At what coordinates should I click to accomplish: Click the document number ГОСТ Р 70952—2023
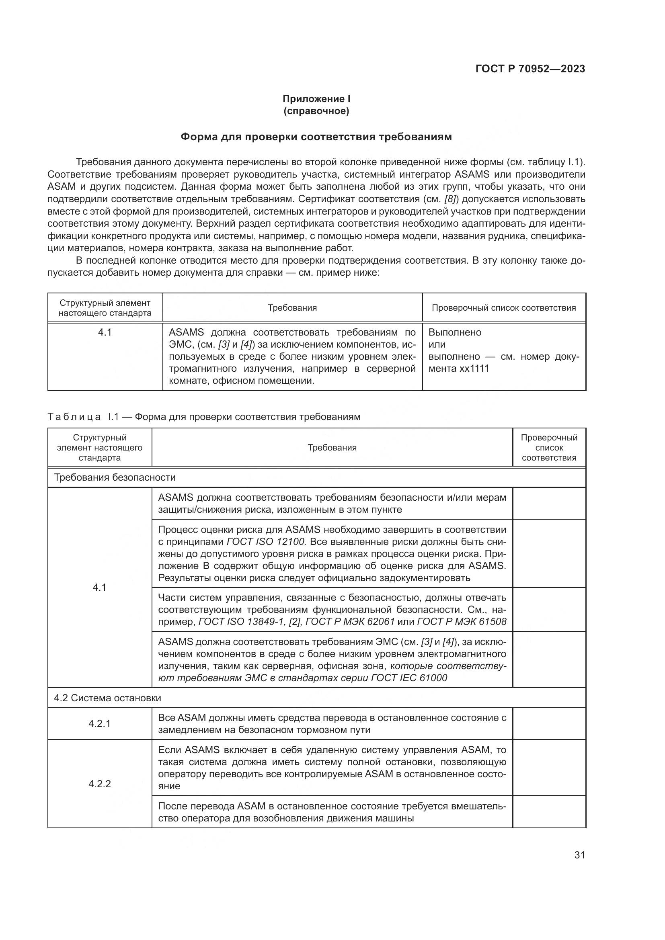tap(530, 69)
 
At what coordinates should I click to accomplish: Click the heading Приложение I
tap(316, 99)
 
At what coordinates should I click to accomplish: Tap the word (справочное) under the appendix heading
tap(316, 111)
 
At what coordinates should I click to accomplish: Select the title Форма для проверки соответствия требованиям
tap(316, 137)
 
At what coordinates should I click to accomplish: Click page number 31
tap(579, 855)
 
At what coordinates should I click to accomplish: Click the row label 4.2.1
tap(99, 723)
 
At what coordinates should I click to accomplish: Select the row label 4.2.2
tap(99, 784)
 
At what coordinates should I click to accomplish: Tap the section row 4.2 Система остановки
tap(107, 698)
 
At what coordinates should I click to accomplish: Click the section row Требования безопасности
tap(115, 477)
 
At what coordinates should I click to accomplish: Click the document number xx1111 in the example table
tap(474, 369)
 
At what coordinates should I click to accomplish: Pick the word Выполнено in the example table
tap(455, 332)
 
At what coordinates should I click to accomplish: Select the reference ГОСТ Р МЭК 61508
tap(462, 621)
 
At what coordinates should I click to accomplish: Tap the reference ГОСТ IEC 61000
tap(408, 678)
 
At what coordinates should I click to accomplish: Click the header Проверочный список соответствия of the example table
tap(504, 308)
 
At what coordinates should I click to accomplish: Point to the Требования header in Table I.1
tap(332, 447)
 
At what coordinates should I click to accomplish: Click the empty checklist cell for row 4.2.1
tap(549, 723)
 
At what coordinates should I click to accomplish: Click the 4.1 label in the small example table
tap(105, 332)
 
